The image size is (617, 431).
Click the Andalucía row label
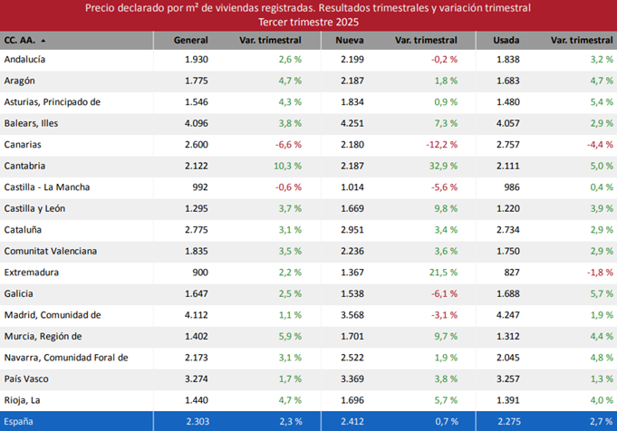pyautogui.click(x=24, y=59)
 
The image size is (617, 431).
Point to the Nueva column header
pyautogui.click(x=349, y=41)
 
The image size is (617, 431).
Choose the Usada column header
pyautogui.click(x=506, y=41)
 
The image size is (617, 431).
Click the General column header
pyautogui.click(x=191, y=41)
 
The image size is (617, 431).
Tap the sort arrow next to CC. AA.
pyautogui.click(x=43, y=41)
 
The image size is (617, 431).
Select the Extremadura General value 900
pyautogui.click(x=198, y=273)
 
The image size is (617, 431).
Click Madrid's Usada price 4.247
pyautogui.click(x=508, y=315)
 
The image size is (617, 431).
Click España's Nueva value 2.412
pyautogui.click(x=352, y=422)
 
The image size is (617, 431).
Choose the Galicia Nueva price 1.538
pyautogui.click(x=352, y=294)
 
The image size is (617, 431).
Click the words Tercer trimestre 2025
pyautogui.click(x=308, y=21)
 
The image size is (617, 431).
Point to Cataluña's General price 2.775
pyautogui.click(x=195, y=230)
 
